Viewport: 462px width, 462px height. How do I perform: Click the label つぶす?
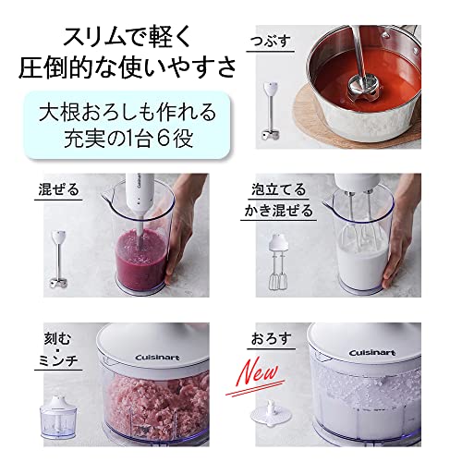pos(271,41)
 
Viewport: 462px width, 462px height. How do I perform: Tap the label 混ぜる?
pos(59,189)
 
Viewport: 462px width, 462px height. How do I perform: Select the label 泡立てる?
pos(278,189)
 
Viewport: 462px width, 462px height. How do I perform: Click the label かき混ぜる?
pos(278,211)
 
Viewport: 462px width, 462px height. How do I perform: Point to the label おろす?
pos(271,339)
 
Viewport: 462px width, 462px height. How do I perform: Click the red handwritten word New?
pos(259,373)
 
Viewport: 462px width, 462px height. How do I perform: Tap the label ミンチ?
pos(58,360)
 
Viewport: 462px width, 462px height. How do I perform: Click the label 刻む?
pos(57,339)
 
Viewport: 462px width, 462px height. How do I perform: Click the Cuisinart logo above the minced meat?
pos(157,358)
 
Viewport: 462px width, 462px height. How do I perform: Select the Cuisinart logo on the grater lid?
pos(371,352)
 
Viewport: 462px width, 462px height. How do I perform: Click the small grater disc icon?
pos(271,414)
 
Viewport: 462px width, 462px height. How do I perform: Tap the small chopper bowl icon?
pos(58,417)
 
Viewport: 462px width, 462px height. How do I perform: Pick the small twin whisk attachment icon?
pos(278,261)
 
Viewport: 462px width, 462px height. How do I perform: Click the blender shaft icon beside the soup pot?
pos(271,111)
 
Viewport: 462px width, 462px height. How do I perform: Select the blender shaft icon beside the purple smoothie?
pos(58,260)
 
